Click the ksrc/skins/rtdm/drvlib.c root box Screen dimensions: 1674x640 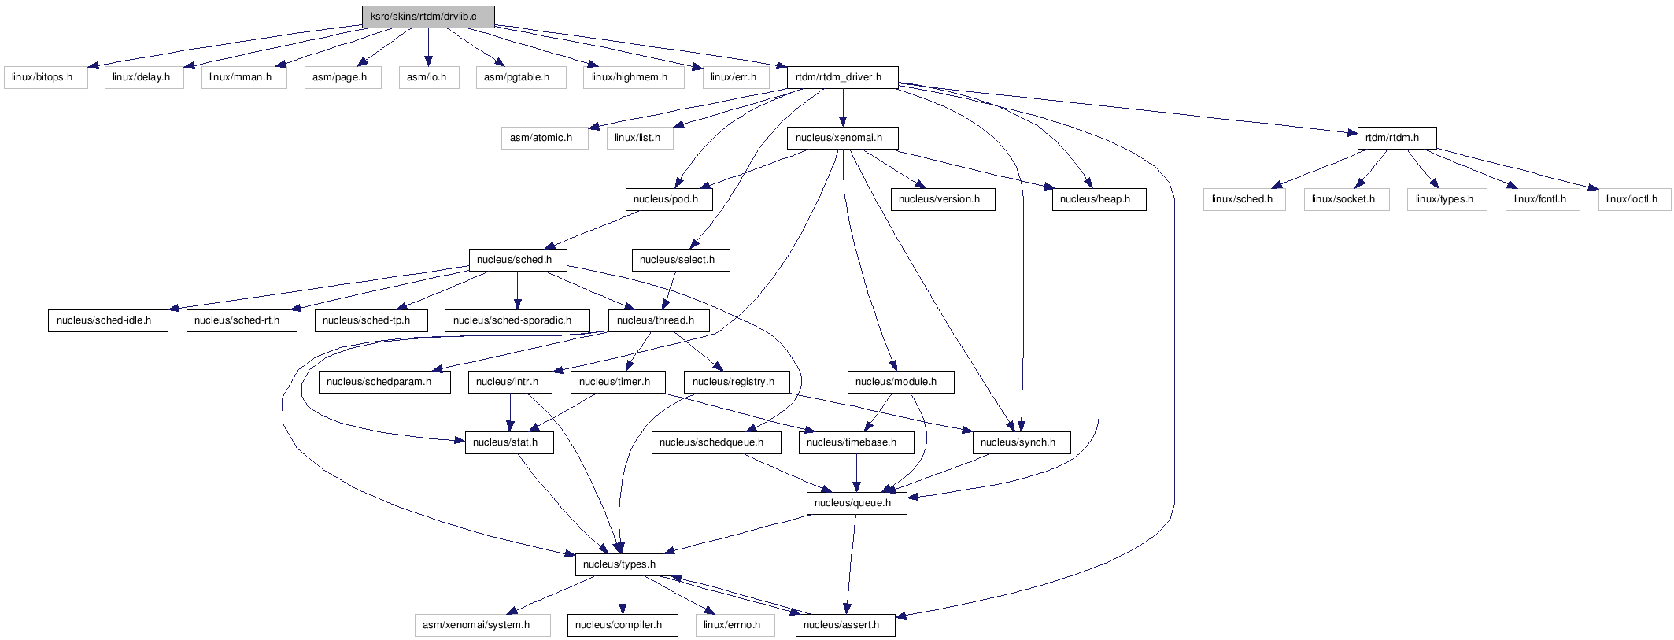coord(428,17)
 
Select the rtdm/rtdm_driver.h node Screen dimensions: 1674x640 coord(843,77)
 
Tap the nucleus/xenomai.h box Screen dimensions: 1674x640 coord(843,138)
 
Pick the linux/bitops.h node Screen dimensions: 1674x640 coord(46,77)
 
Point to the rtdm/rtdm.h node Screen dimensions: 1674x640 coord(1397,138)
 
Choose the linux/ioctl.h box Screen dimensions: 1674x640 coord(1634,199)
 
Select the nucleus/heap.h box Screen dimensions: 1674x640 coord(1099,199)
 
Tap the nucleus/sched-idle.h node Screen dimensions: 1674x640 coord(108,320)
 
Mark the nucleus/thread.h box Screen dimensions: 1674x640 coord(660,320)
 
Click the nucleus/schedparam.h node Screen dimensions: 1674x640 coord(385,382)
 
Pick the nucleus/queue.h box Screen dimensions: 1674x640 coord(856,503)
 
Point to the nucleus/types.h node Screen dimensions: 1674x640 coord(623,564)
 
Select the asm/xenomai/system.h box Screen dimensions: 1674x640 coord(482,625)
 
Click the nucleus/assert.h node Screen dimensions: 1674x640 coord(845,625)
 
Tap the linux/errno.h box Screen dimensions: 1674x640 coord(735,625)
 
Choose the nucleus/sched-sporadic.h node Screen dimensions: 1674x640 coord(517,320)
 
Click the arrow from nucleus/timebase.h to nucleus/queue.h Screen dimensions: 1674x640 coord(856,473)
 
